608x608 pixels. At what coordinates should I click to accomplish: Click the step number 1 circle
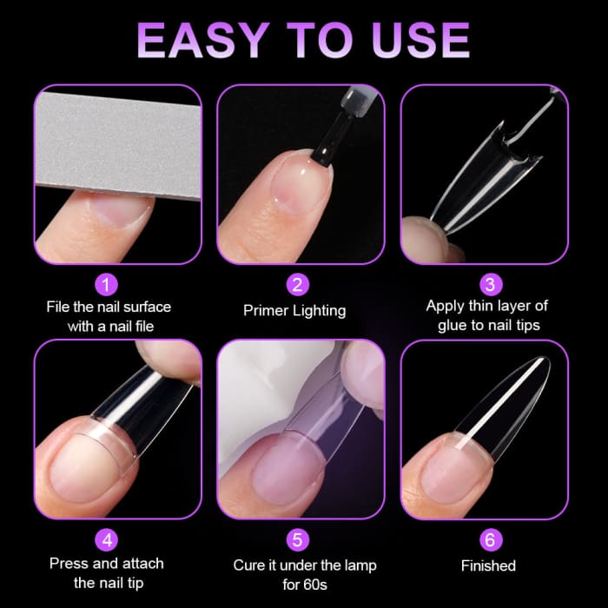(107, 284)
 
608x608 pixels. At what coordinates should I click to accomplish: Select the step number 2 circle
(298, 284)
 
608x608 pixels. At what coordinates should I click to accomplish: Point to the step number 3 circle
(489, 284)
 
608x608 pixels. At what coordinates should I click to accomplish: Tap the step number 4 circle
(107, 539)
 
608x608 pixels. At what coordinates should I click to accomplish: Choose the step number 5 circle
(298, 539)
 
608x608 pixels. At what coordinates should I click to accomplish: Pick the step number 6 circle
(489, 539)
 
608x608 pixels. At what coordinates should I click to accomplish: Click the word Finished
(487, 565)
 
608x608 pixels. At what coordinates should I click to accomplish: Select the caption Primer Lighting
(294, 310)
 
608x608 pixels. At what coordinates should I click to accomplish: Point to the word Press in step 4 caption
(69, 564)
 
